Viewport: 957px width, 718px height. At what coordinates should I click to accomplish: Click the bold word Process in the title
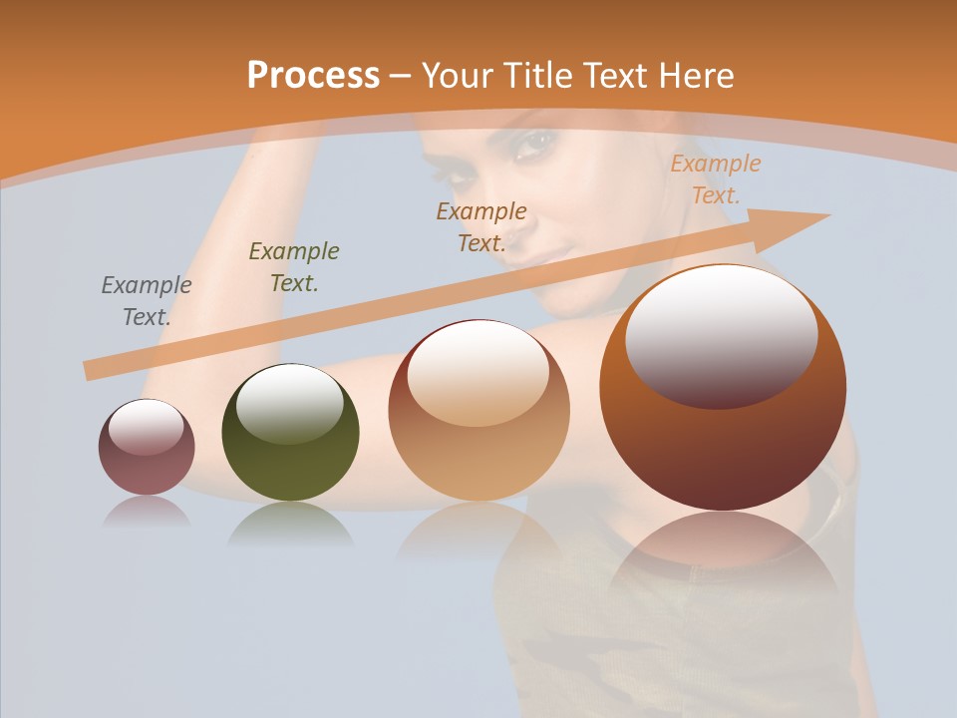tap(313, 75)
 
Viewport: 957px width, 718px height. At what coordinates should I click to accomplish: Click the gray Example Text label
tap(147, 300)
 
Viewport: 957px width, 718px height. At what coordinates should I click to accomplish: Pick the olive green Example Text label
tap(294, 266)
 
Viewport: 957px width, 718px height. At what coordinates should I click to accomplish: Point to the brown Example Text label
tap(481, 226)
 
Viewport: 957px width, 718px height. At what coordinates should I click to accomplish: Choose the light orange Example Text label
tap(715, 179)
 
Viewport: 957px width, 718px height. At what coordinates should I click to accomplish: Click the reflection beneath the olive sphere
tap(290, 523)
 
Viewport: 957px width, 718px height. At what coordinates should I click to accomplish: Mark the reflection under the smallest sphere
tap(147, 512)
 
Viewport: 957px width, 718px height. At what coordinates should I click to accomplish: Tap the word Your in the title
tap(458, 75)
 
